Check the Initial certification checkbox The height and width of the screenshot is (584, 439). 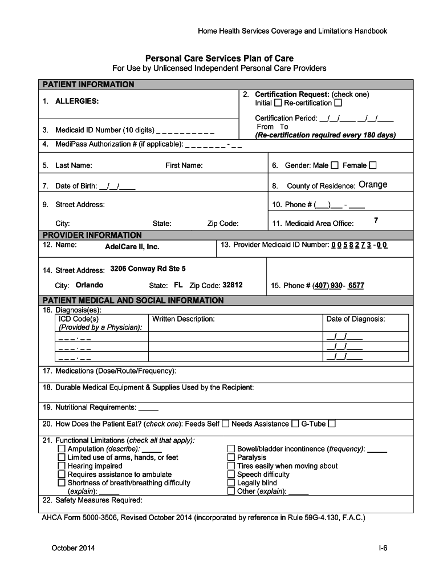(x=278, y=103)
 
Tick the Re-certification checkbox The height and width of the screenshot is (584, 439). (x=338, y=103)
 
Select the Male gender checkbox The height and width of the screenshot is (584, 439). (x=335, y=165)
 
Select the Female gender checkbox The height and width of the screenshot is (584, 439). (x=373, y=165)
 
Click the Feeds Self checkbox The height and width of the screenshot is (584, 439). (x=226, y=424)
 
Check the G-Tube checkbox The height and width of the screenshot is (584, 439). (x=332, y=424)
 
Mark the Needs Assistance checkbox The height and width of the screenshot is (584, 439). (x=295, y=424)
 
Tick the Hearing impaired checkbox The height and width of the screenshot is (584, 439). (x=62, y=466)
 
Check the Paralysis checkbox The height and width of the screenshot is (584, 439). (x=231, y=457)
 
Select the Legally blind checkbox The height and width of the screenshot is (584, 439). (x=231, y=482)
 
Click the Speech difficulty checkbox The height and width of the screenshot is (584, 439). (x=231, y=474)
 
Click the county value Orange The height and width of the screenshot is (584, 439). (x=373, y=184)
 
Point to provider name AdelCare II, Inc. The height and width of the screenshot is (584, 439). (x=132, y=247)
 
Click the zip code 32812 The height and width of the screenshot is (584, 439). (x=232, y=285)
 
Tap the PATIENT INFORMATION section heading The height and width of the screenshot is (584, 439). (x=88, y=84)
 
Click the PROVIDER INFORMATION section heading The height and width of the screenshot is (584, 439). (x=92, y=235)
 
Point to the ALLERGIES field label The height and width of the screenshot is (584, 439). (x=76, y=101)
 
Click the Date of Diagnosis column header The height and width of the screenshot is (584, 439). (x=355, y=319)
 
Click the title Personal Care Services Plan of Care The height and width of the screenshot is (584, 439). (x=219, y=58)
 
